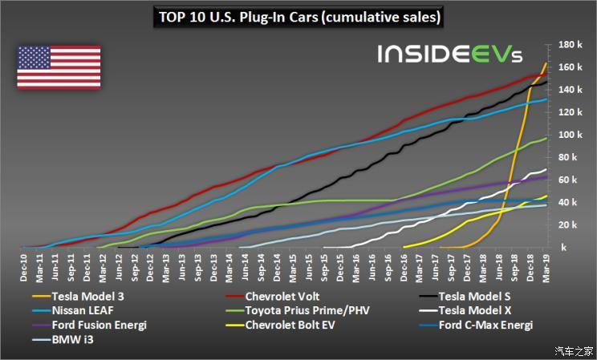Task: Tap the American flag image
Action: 59,67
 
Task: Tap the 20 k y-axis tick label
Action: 570,224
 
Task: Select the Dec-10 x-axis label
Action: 24,265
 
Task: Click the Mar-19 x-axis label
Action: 546,265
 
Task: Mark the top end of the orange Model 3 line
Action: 546,63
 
